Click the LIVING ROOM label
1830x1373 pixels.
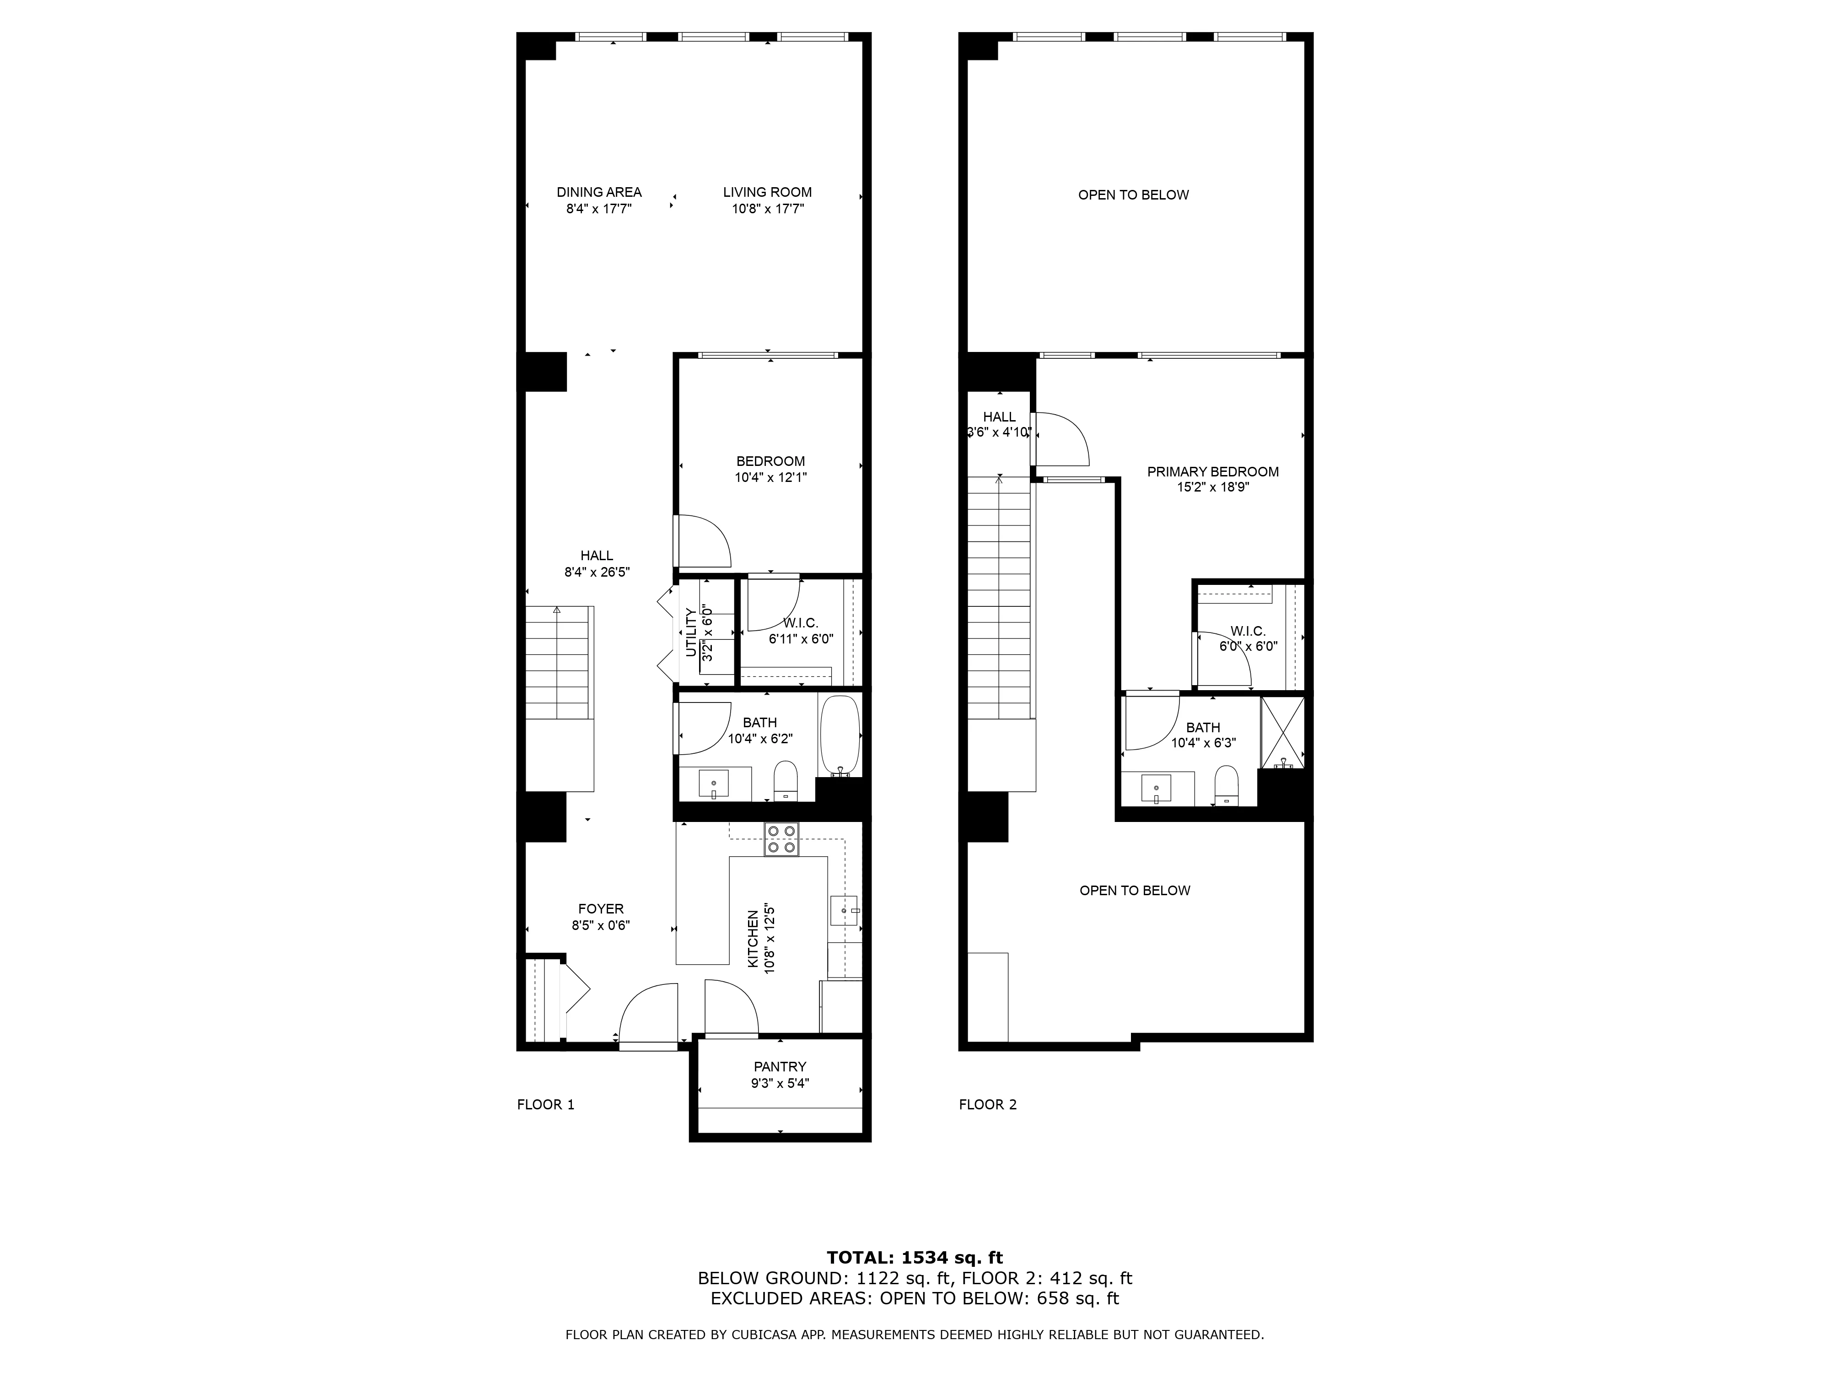767,192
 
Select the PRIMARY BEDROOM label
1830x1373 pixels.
1212,472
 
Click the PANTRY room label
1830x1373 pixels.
779,1067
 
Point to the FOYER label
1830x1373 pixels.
601,909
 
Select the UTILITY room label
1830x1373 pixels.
691,633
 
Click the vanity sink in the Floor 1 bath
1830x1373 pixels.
713,782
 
